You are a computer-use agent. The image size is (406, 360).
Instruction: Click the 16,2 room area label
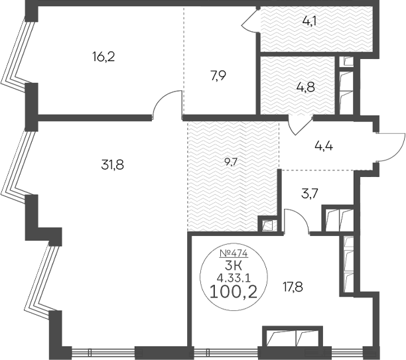(x=103, y=56)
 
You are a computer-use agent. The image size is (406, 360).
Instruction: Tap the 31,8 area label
(x=113, y=164)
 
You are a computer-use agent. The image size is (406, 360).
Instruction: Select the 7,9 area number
(x=218, y=76)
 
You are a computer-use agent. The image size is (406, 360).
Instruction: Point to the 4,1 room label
(x=309, y=22)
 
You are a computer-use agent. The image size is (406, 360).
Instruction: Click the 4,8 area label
(x=306, y=88)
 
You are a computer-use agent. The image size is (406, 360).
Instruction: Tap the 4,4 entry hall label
(x=324, y=147)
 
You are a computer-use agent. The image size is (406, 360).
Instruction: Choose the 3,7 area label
(x=310, y=194)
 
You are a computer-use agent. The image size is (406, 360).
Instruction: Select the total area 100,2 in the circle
(x=234, y=292)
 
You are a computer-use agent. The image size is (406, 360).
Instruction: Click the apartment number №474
(x=234, y=253)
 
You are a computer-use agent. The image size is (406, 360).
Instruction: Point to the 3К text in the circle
(x=234, y=266)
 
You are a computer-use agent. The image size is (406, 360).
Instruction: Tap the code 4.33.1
(x=234, y=278)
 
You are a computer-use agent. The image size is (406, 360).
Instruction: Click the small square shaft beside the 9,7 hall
(x=267, y=225)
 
